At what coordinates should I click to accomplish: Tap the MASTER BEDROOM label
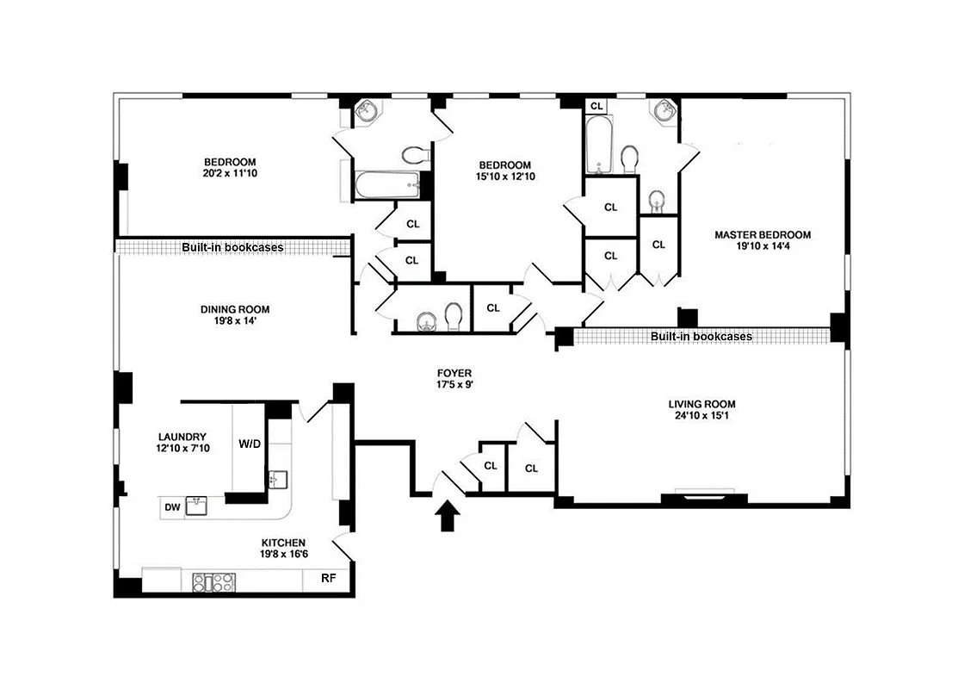[x=762, y=234]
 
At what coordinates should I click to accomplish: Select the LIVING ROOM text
[x=702, y=404]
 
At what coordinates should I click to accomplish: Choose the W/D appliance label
[x=250, y=444]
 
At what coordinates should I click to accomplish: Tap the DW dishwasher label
[x=173, y=507]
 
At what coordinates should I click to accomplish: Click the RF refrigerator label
[x=328, y=579]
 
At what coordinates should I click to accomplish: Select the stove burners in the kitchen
[x=213, y=582]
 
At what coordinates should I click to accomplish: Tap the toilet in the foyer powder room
[x=454, y=317]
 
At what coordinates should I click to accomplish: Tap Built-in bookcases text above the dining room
[x=232, y=248]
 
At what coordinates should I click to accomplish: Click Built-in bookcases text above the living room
[x=701, y=337]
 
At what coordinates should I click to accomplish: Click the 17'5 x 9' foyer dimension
[x=454, y=385]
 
